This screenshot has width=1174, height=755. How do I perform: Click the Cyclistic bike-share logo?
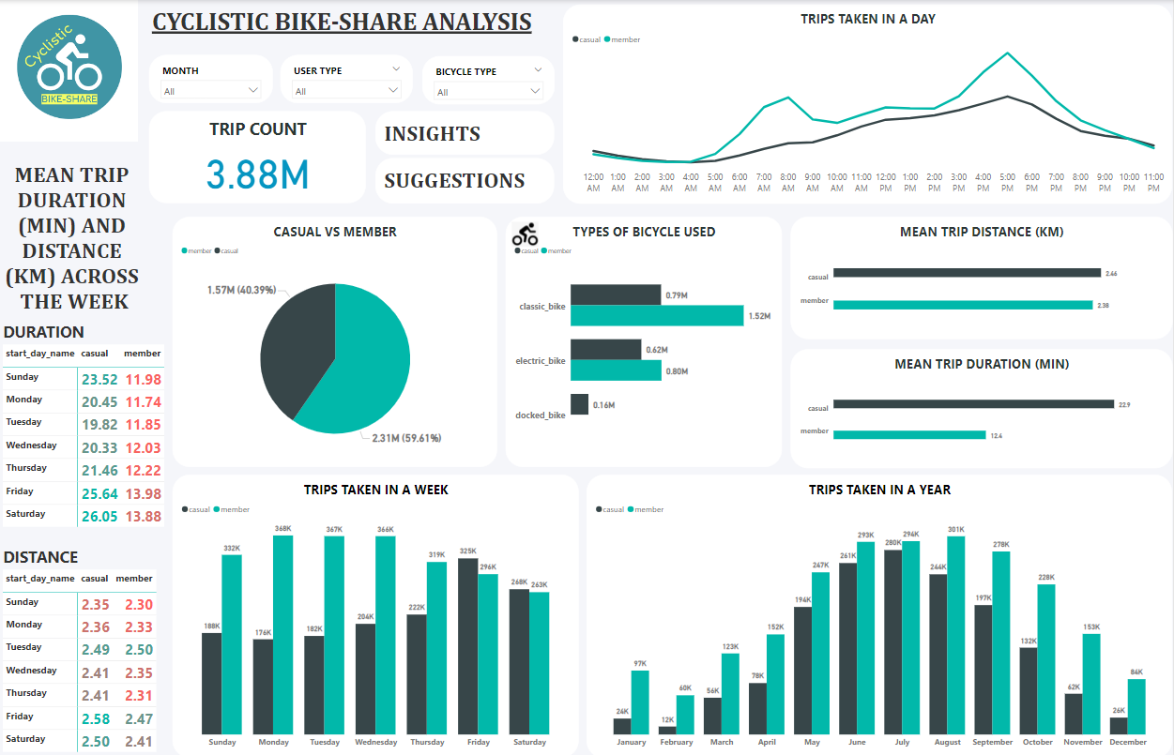pyautogui.click(x=69, y=68)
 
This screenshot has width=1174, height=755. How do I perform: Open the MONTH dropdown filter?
pyautogui.click(x=210, y=90)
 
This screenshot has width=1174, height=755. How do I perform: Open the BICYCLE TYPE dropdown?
pyautogui.click(x=488, y=91)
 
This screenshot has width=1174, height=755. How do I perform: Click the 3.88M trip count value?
pyautogui.click(x=257, y=174)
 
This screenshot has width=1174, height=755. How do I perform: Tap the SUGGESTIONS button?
pyautogui.click(x=454, y=181)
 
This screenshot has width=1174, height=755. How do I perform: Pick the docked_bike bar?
pyautogui.click(x=579, y=404)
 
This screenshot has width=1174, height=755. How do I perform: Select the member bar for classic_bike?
pyautogui.click(x=656, y=316)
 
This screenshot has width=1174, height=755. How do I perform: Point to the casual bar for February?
pyautogui.click(x=667, y=729)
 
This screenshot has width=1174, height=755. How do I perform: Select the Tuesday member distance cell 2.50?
pyautogui.click(x=143, y=650)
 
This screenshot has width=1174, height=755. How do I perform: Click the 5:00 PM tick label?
pyautogui.click(x=1007, y=182)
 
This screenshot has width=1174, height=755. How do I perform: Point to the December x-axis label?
pyautogui.click(x=1127, y=742)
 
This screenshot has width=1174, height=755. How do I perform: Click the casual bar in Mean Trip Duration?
pyautogui.click(x=973, y=404)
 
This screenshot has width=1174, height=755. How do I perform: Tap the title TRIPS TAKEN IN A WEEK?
pyautogui.click(x=375, y=490)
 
